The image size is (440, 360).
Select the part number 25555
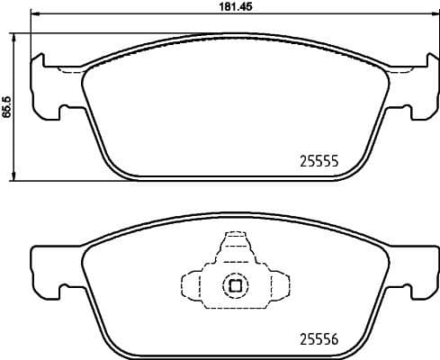(x=317, y=162)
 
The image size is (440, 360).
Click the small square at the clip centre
(x=235, y=286)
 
